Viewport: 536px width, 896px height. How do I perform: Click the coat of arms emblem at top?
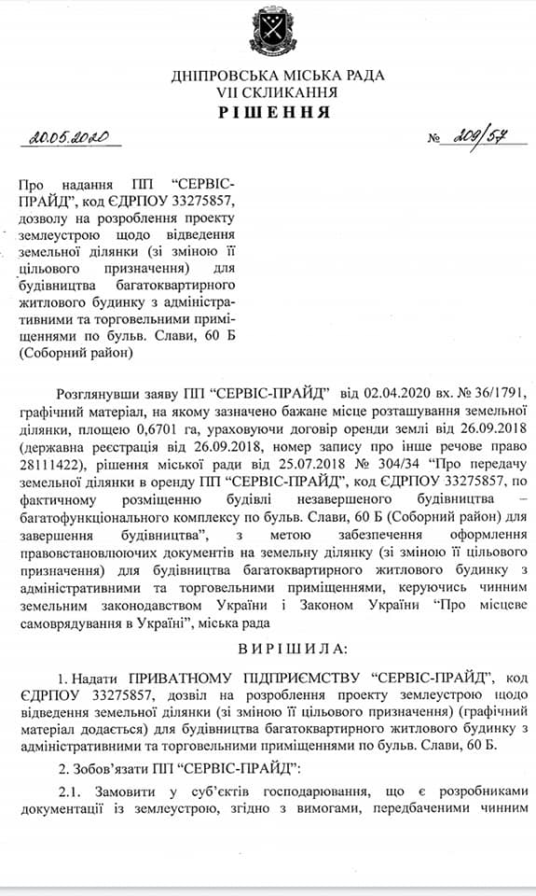pos(267,33)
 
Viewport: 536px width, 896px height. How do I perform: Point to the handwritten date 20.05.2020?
pos(69,139)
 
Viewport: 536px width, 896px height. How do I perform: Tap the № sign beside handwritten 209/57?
pos(433,141)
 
